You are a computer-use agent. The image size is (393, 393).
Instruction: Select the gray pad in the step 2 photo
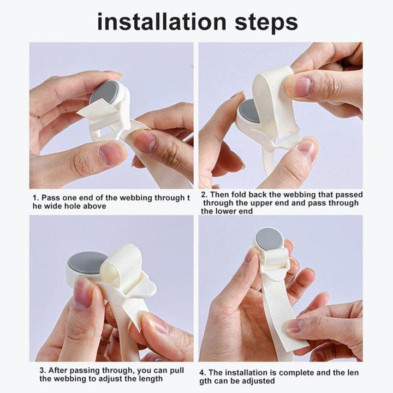point(249,111)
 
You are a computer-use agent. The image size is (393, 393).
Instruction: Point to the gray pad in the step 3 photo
point(87,263)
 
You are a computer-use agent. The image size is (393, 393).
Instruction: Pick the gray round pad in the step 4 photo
point(270,239)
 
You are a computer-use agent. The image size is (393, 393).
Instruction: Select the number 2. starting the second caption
point(204,195)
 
